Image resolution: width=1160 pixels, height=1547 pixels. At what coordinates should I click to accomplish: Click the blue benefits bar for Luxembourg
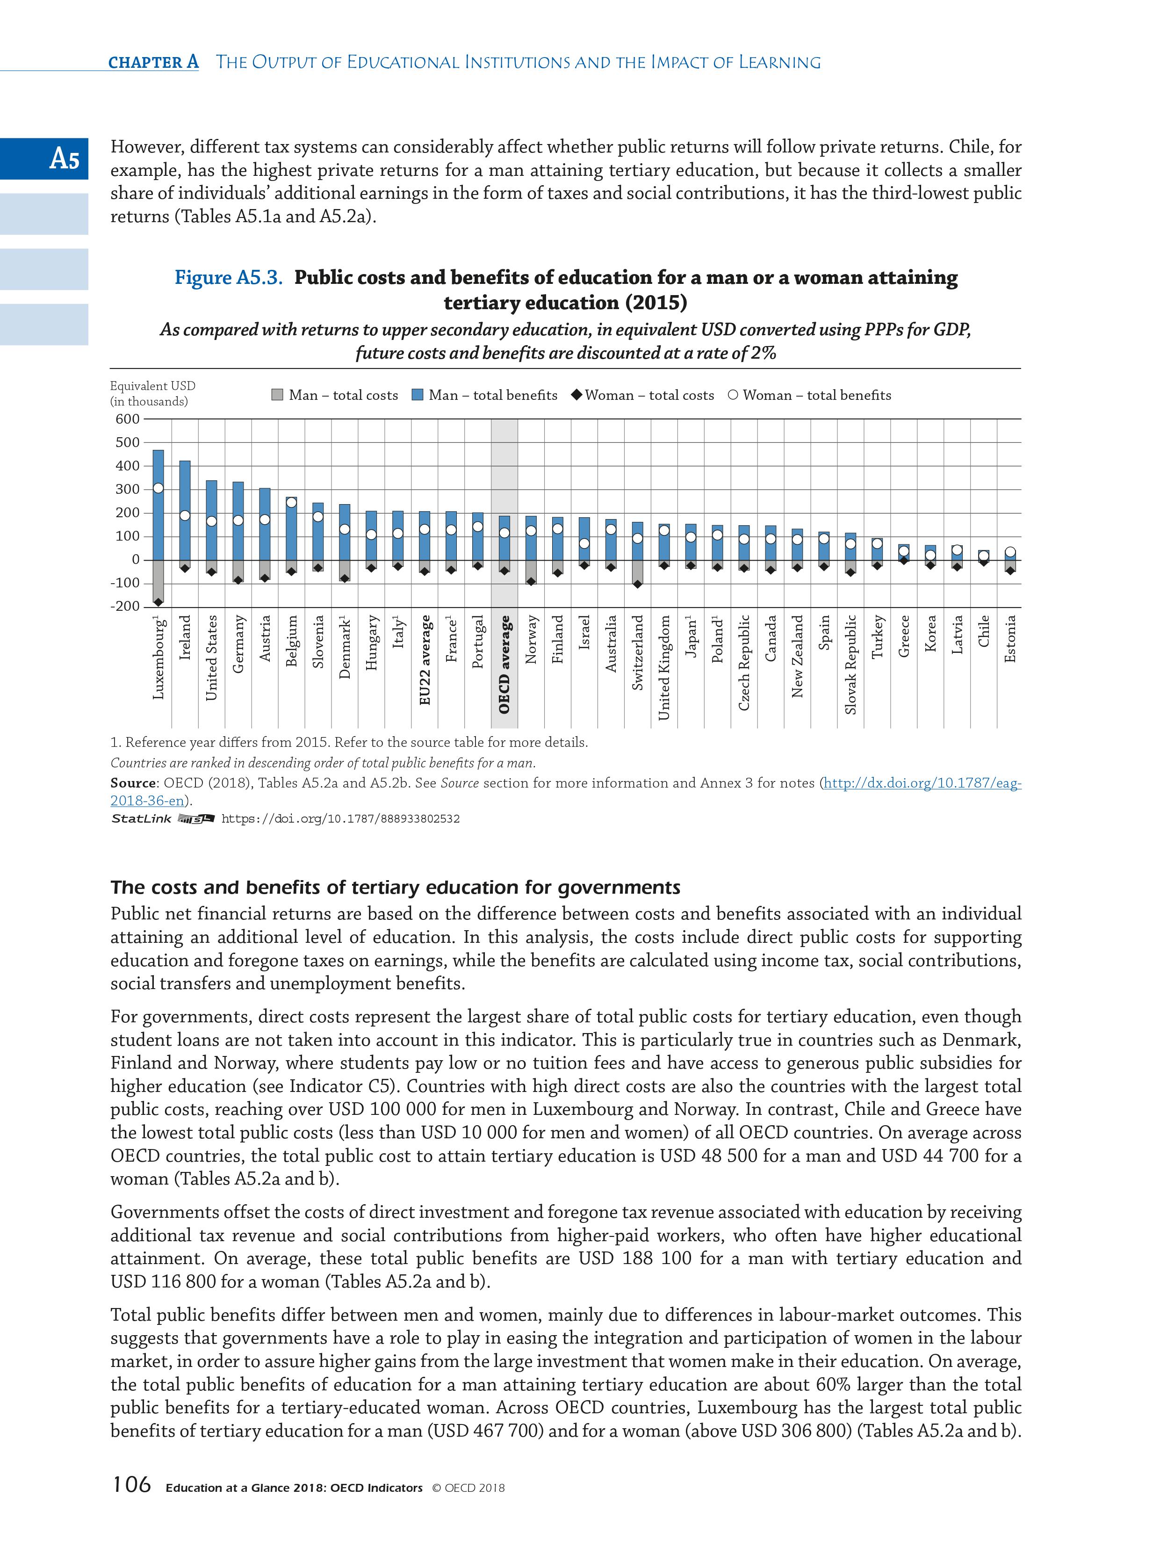(158, 518)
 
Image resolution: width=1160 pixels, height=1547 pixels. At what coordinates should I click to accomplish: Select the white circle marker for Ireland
(185, 515)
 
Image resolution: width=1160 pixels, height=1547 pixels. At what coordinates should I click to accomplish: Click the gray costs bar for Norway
(531, 571)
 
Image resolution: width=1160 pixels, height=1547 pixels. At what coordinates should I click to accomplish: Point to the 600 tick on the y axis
(127, 419)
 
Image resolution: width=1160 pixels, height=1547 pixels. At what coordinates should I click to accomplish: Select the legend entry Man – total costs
(334, 395)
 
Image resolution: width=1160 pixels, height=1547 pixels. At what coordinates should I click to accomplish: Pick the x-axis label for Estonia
(1009, 638)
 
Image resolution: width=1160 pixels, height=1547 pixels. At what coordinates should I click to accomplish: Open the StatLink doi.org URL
(340, 818)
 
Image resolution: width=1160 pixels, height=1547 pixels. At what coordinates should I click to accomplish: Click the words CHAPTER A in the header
(153, 62)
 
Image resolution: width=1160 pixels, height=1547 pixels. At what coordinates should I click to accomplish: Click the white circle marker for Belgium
(291, 502)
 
